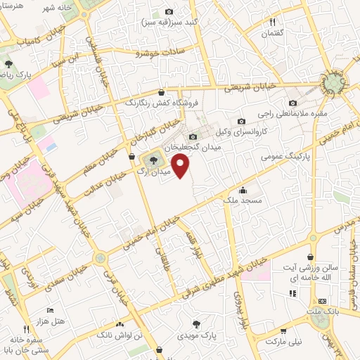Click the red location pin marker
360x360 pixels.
[x=181, y=166]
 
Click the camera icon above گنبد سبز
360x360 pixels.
[x=169, y=12]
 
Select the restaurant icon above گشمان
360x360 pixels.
[x=272, y=22]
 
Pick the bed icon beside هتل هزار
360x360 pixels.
[x=49, y=309]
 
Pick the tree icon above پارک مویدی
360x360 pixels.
[x=195, y=324]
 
